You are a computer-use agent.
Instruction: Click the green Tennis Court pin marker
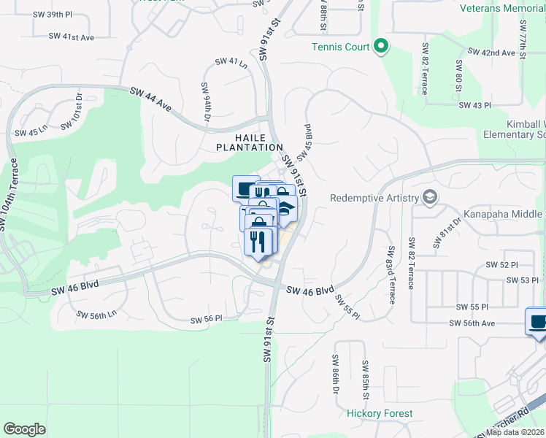[x=380, y=47]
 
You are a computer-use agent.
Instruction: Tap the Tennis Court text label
[x=340, y=47]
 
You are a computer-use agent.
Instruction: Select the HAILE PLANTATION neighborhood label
[x=249, y=142]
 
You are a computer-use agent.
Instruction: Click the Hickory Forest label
[x=380, y=413]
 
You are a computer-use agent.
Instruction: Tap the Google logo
[x=25, y=429]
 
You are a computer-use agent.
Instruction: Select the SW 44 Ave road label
[x=151, y=99]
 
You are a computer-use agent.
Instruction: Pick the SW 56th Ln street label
[x=96, y=315]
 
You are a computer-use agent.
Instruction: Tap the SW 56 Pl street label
[x=206, y=320]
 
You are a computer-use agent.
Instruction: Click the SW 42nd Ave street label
[x=491, y=53]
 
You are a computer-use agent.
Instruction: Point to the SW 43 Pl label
[x=474, y=105]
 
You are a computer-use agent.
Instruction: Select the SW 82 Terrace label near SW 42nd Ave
[x=424, y=69]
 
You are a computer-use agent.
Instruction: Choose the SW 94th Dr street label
[x=206, y=102]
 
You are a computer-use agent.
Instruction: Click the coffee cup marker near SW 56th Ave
[x=538, y=321]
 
